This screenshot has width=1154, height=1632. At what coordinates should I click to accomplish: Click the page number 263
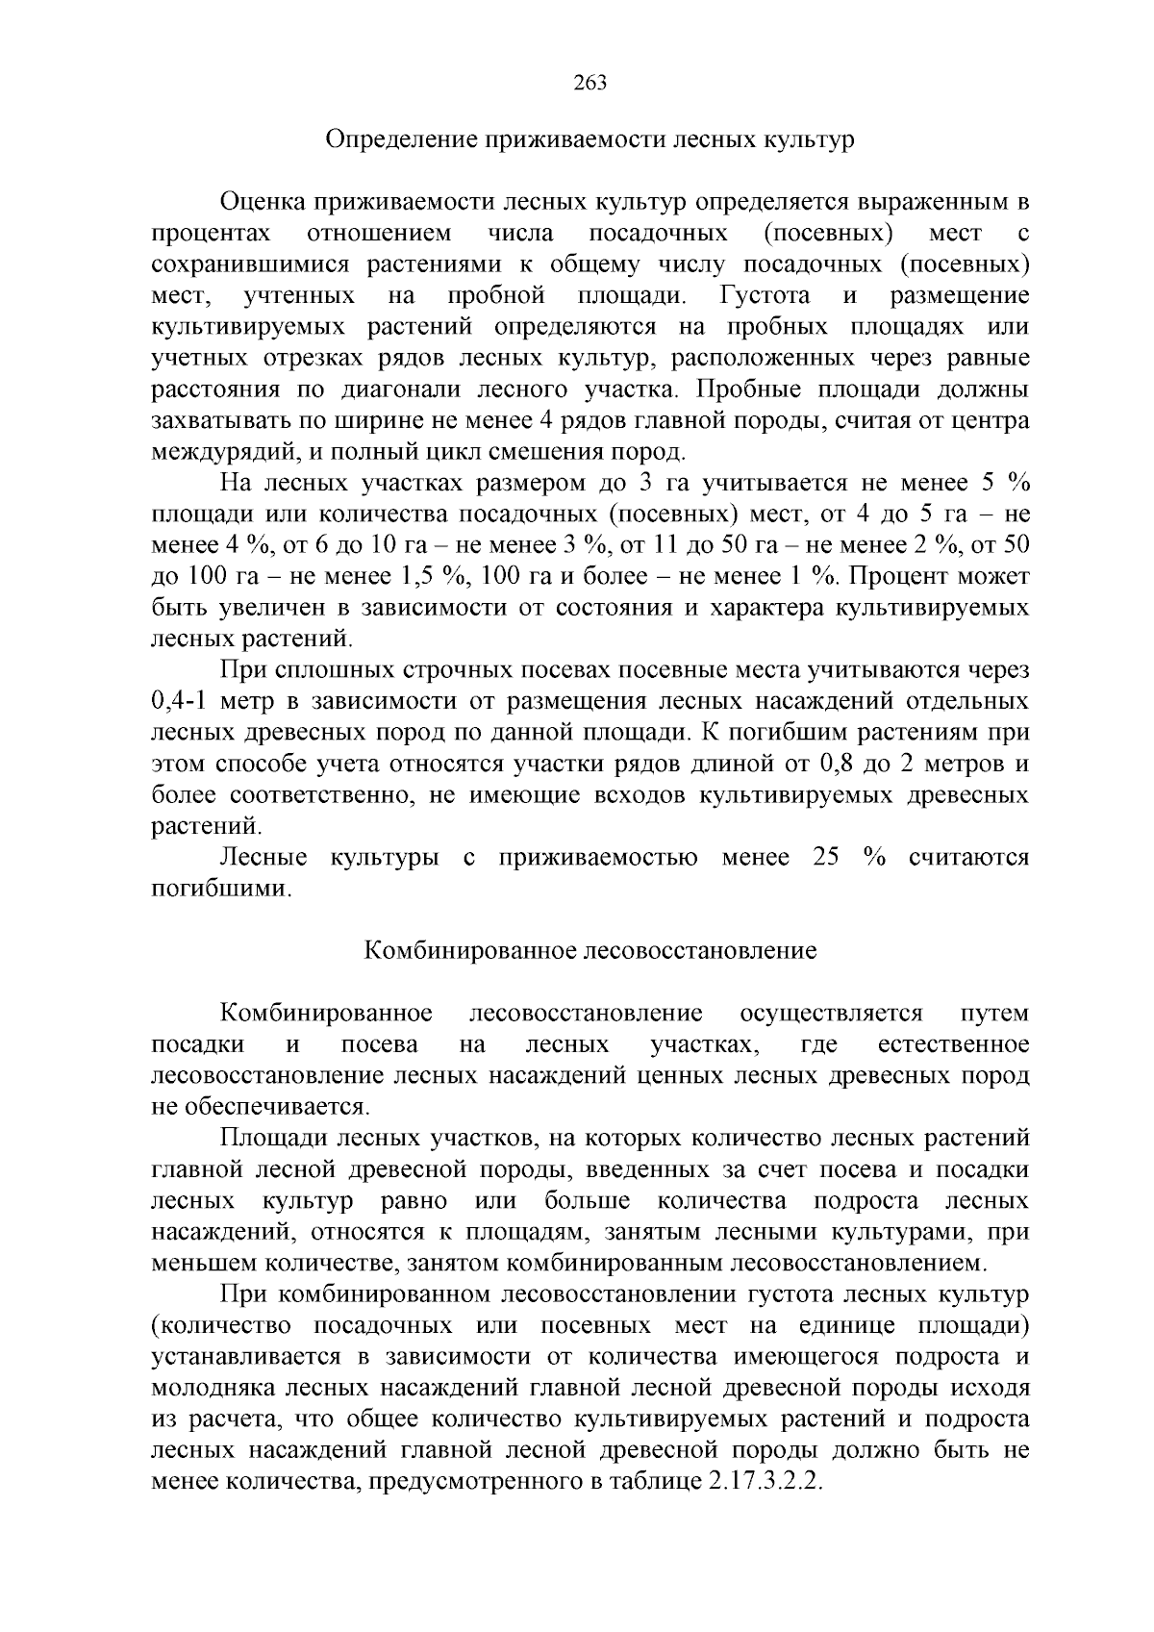coord(590,83)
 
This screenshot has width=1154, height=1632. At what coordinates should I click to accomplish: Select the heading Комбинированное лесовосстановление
coord(590,951)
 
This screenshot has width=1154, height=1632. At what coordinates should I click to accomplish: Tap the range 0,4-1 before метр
coord(181,701)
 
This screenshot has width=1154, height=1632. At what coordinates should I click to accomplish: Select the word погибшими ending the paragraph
coord(220,889)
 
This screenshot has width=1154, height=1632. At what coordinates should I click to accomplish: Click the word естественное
coord(953,1044)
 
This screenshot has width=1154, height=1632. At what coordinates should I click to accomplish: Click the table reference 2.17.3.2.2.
coord(765,1482)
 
